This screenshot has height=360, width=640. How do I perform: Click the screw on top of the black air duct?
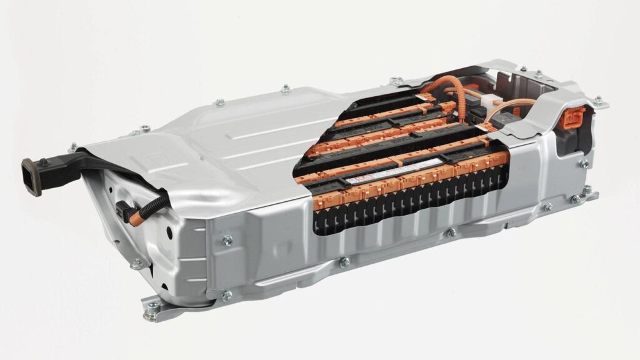point(45,162)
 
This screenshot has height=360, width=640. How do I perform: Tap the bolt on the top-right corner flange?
point(597,100)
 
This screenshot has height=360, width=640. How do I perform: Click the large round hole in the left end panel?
point(169,232)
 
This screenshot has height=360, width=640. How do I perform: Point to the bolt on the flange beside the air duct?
point(72,147)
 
